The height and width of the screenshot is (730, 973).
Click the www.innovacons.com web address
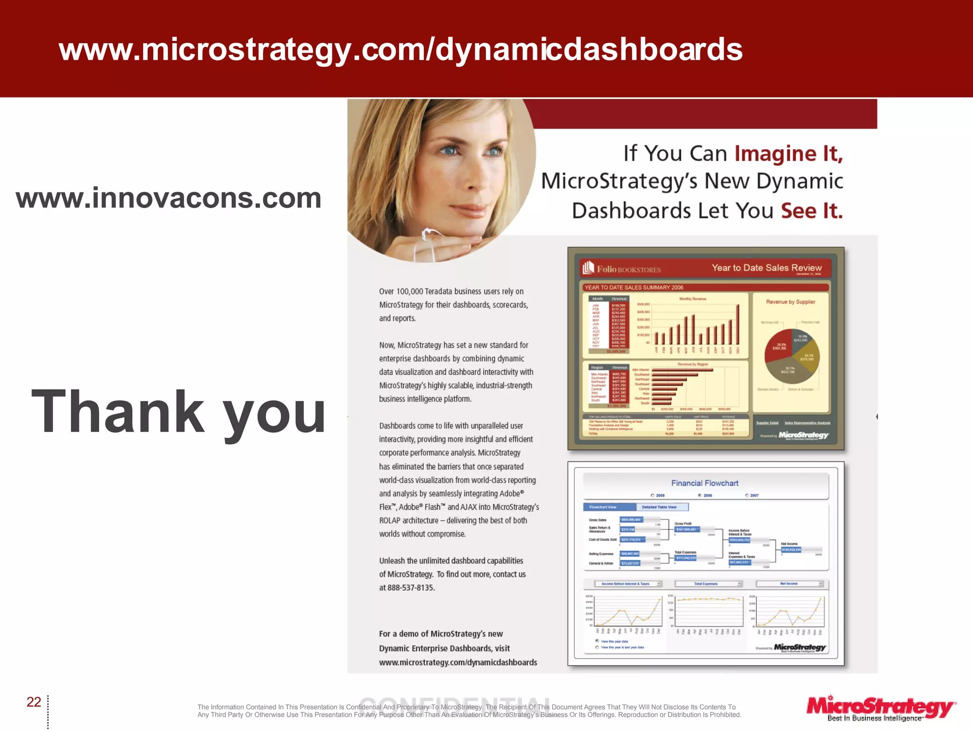pos(169,199)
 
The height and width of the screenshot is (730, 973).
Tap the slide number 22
pos(34,702)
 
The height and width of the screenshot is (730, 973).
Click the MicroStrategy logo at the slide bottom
pos(880,708)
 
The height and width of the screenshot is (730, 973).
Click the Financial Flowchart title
pos(705,483)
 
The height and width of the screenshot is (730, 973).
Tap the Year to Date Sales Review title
pos(766,268)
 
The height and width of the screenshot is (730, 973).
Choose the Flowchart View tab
pos(609,507)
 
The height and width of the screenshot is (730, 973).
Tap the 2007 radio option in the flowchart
pos(747,495)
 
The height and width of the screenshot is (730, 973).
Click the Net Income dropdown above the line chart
pos(789,584)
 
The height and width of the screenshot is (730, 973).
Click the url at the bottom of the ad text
pos(458,663)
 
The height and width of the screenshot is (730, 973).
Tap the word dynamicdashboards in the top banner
pos(588,49)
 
